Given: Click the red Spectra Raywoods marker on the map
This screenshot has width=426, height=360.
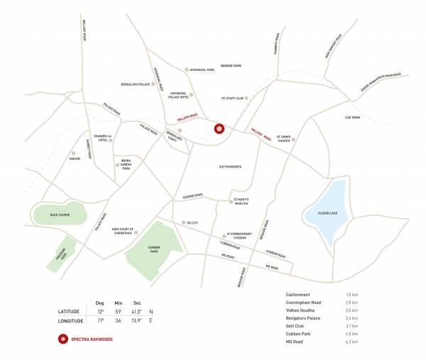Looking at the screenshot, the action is point(219,129).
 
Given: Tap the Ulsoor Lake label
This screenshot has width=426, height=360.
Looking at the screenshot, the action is point(324,210).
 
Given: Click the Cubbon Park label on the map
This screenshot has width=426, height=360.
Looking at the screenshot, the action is point(153,249).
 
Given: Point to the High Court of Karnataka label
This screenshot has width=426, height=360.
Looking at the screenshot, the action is point(123,231).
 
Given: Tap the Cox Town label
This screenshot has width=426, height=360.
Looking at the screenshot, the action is point(352,117).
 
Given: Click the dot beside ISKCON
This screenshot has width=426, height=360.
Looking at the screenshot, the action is point(72,153).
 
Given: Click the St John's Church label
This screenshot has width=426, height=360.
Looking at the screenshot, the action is point(284,141).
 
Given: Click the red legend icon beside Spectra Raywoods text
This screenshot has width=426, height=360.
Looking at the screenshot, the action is point(63,339).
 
